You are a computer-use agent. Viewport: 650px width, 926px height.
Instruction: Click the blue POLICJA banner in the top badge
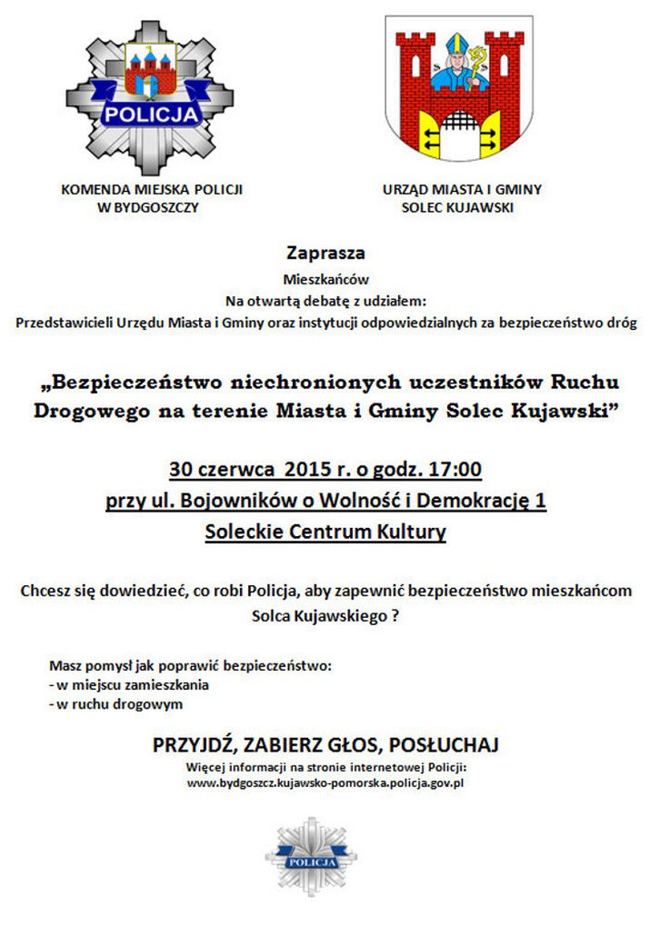[x=150, y=114]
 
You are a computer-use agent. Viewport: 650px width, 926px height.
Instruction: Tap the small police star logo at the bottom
[x=311, y=857]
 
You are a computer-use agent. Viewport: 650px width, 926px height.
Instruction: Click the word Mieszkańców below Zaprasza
[x=325, y=279]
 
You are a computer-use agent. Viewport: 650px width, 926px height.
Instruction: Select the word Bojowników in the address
[x=226, y=501]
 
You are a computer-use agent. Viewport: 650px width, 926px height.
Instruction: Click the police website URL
[x=325, y=782]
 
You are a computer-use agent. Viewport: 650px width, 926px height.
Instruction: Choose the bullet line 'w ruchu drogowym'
[x=116, y=704]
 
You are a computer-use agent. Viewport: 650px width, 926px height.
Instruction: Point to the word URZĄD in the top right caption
[x=404, y=190]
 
